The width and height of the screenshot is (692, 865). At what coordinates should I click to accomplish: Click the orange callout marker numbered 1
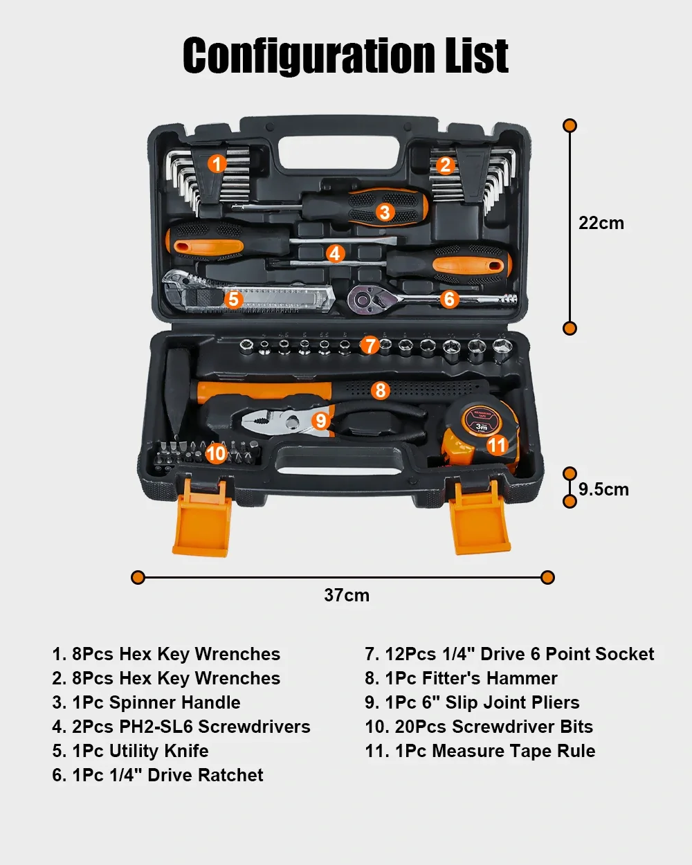tap(217, 164)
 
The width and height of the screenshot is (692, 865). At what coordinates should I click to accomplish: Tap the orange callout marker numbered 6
tap(449, 299)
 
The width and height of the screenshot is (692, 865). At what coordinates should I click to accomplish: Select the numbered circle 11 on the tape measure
tap(497, 445)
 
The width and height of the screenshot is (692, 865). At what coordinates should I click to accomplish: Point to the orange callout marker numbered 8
tap(381, 390)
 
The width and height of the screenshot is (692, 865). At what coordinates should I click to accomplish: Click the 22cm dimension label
tap(601, 223)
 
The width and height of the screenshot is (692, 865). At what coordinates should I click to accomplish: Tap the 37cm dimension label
tap(347, 595)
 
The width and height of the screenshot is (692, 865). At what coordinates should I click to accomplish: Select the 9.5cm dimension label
tap(603, 489)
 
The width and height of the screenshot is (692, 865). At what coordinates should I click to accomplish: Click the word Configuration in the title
tap(309, 55)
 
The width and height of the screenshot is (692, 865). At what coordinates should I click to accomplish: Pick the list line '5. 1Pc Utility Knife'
tap(130, 751)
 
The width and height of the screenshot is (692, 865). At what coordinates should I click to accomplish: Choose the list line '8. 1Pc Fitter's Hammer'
tap(461, 678)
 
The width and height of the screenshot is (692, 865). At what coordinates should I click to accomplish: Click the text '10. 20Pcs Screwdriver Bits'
tap(479, 727)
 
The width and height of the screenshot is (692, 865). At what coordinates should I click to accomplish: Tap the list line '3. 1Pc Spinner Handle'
tap(147, 702)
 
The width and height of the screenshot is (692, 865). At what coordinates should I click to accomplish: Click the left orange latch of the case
tap(202, 518)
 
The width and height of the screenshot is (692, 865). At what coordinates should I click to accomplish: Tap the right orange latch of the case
tap(480, 518)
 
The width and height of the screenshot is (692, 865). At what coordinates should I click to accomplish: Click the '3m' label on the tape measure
tap(482, 426)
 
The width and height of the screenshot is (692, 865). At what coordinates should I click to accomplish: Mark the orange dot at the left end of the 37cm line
tap(138, 578)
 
